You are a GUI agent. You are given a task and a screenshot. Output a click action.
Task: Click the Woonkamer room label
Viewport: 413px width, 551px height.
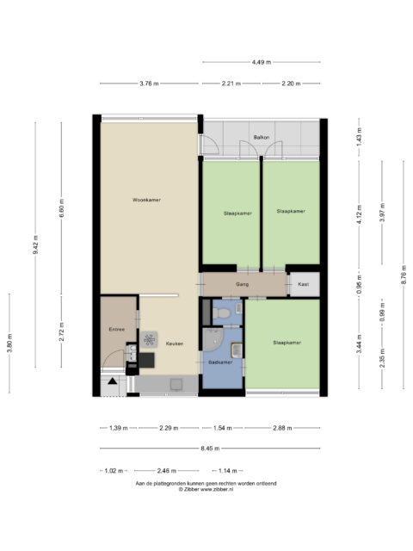coord(146,200)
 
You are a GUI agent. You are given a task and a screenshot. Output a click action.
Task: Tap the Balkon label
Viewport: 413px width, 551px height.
coord(262,137)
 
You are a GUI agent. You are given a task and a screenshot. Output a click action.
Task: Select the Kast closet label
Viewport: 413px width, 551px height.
coord(304,284)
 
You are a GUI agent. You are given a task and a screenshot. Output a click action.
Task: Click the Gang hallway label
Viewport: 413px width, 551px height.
coord(243,284)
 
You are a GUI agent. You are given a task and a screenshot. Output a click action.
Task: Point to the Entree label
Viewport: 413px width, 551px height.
coord(117,329)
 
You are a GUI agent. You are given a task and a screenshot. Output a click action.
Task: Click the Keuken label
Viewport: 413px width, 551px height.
coord(175,344)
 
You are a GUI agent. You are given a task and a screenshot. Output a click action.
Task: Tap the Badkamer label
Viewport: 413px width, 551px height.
coord(220,362)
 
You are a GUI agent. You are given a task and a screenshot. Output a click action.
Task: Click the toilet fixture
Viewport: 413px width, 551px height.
coord(221,313)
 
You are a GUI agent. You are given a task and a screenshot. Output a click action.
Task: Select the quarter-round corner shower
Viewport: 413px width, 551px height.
coord(213,339)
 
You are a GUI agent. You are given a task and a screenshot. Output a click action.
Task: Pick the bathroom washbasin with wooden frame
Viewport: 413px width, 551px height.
coord(237,350)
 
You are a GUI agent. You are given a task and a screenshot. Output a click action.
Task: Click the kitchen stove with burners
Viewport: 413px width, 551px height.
coord(149,339)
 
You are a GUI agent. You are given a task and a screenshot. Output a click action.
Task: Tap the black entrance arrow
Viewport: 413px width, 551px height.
coord(112,381)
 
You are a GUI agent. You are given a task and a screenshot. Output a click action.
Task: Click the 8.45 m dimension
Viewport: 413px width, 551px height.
coord(210,449)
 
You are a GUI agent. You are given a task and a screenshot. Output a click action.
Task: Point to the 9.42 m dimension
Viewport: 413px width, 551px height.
coord(35,245)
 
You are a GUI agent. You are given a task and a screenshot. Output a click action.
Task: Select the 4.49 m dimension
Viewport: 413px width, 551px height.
coord(262,62)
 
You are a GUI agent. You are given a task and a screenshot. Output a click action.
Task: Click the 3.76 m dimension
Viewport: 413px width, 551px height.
coord(149,84)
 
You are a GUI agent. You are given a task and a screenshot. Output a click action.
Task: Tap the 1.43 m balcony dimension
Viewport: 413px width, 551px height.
coord(359,137)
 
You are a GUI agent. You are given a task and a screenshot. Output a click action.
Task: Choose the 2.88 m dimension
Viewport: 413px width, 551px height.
coord(282,428)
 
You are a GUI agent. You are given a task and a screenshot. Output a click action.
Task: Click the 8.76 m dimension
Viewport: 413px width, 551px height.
coord(404,275)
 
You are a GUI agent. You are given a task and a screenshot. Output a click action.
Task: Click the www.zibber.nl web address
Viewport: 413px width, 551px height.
coord(217,489)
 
